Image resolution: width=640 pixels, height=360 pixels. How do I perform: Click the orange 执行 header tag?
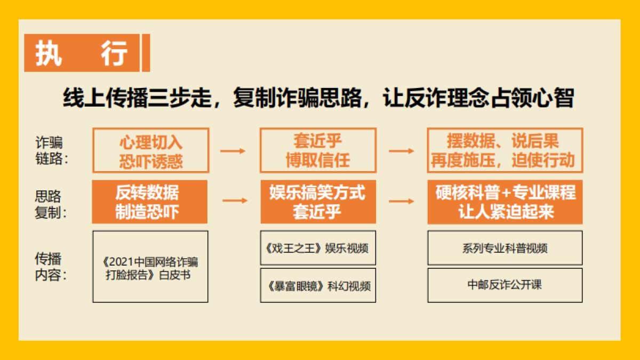pyautogui.click(x=83, y=53)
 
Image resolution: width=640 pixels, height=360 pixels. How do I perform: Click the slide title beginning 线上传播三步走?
pyautogui.click(x=318, y=99)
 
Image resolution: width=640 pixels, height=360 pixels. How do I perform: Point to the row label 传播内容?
pyautogui.click(x=51, y=267)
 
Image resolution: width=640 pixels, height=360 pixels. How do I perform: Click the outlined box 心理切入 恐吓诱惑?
pyautogui.click(x=150, y=150)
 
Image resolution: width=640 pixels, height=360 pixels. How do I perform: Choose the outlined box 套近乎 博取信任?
pyautogui.click(x=318, y=150)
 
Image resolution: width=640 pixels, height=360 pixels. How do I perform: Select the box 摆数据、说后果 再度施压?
pyautogui.click(x=505, y=150)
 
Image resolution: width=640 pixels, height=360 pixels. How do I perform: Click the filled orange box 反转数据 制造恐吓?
pyautogui.click(x=150, y=202)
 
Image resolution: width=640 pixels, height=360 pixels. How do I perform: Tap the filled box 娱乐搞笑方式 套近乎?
pyautogui.click(x=318, y=202)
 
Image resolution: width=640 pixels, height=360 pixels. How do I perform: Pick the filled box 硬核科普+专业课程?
pyautogui.click(x=505, y=202)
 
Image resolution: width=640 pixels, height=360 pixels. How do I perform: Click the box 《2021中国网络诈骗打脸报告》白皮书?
pyautogui.click(x=150, y=267)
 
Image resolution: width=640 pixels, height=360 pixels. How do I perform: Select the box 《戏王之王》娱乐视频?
pyautogui.click(x=318, y=248)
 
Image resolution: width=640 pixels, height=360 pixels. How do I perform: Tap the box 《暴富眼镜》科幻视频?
pyautogui.click(x=318, y=285)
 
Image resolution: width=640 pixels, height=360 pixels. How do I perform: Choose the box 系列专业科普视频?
pyautogui.click(x=505, y=248)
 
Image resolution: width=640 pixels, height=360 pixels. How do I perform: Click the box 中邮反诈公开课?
pyautogui.click(x=505, y=285)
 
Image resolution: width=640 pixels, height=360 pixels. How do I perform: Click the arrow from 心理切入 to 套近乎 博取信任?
pyautogui.click(x=233, y=151)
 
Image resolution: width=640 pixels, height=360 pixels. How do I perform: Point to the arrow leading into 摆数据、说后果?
pyautogui.click(x=401, y=151)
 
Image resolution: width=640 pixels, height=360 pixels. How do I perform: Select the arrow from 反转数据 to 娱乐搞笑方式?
pyautogui.click(x=235, y=201)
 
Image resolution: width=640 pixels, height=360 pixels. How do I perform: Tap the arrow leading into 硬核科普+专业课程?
pyautogui.click(x=401, y=201)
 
